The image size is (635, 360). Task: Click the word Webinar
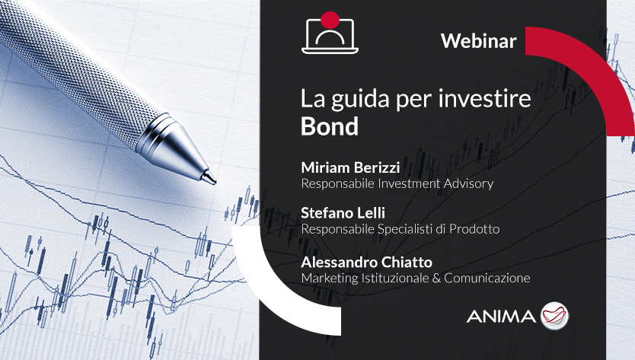pyautogui.click(x=479, y=40)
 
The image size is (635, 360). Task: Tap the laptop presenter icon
pyautogui.click(x=330, y=34)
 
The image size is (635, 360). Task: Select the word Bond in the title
pyautogui.click(x=330, y=126)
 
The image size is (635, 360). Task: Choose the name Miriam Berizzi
pyautogui.click(x=350, y=167)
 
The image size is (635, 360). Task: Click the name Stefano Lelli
pyautogui.click(x=343, y=212)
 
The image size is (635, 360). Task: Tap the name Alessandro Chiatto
pyautogui.click(x=366, y=262)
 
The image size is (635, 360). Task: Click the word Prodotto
pyautogui.click(x=474, y=229)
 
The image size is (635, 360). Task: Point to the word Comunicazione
pyautogui.click(x=487, y=278)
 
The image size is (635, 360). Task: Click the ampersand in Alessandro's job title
pyautogui.click(x=436, y=279)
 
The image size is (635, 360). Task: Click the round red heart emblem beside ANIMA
pyautogui.click(x=555, y=316)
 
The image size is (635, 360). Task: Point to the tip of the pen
pyautogui.click(x=215, y=182)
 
